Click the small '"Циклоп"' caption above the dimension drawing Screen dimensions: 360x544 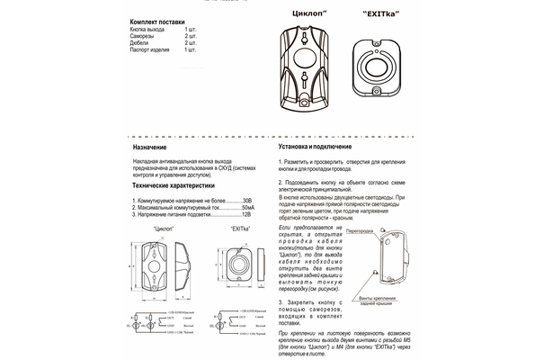(157, 230)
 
